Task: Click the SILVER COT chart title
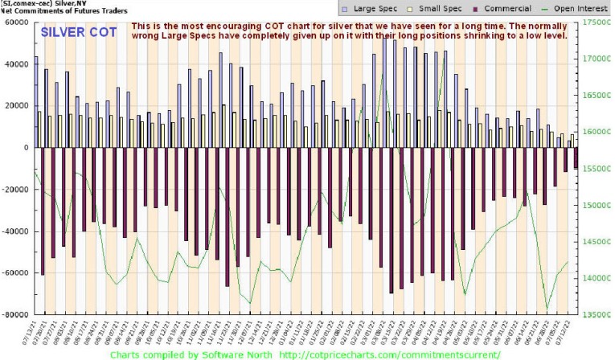coord(79,34)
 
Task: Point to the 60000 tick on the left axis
coord(16,22)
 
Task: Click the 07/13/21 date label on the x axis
coord(36,331)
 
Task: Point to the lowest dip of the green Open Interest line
coord(547,308)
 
